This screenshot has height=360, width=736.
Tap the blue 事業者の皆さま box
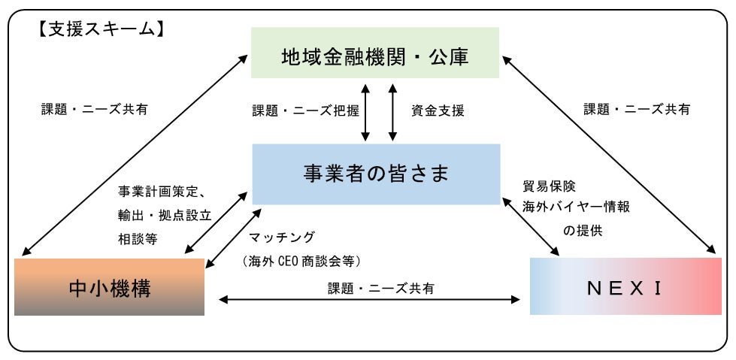click(375, 174)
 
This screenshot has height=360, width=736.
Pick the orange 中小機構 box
click(109, 286)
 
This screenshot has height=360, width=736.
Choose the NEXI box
click(625, 286)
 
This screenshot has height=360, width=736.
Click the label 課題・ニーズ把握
click(305, 110)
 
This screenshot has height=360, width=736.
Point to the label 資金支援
click(438, 110)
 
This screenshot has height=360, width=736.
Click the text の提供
click(583, 230)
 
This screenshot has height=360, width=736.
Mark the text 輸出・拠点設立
click(165, 214)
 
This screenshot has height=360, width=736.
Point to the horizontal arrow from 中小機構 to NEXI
click(368, 300)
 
